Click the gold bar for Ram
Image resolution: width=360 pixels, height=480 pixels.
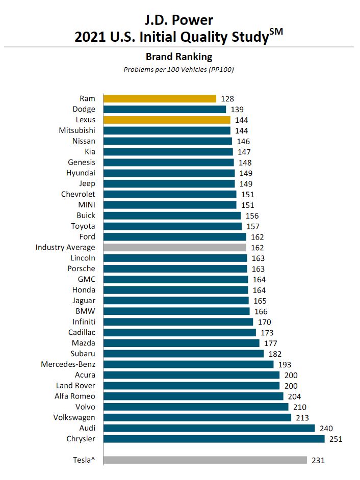tap(160, 98)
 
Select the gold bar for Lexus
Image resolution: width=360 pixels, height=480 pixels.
tap(167, 120)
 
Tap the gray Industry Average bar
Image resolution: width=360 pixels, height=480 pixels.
tap(175, 247)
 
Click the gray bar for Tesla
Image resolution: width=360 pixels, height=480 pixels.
tap(205, 460)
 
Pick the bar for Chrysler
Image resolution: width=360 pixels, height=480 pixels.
tap(214, 439)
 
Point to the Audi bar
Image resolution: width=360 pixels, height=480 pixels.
tap(209, 428)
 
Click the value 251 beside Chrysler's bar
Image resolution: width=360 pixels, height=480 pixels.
tap(335, 439)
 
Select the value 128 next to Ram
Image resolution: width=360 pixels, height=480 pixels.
tap(227, 98)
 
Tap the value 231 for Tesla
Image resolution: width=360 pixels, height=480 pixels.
tap(318, 460)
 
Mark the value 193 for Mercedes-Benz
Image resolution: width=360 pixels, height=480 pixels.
tap(284, 364)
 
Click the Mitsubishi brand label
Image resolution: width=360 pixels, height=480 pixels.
tap(77, 130)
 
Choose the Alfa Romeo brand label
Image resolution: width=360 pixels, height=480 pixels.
tap(75, 396)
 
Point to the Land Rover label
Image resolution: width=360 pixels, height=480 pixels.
tap(75, 385)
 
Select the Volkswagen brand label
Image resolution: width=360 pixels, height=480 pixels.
tap(74, 417)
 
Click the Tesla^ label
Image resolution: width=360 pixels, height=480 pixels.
tap(84, 460)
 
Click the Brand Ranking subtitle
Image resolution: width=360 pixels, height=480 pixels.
tap(179, 57)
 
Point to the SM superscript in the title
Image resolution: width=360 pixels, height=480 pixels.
tap(276, 32)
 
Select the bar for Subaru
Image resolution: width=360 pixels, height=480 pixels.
tap(184, 354)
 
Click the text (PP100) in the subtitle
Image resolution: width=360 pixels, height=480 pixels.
tap(222, 69)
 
